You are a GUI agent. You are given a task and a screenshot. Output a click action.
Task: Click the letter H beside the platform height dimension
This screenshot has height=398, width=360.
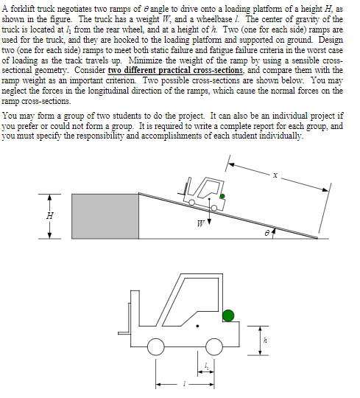tap(49, 215)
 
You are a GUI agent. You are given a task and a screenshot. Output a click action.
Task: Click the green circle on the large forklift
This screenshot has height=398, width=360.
tap(228, 315)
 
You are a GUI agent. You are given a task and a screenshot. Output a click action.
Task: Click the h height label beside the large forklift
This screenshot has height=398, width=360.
tap(267, 341)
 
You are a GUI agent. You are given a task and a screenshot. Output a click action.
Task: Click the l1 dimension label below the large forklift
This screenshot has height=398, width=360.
tap(207, 366)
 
